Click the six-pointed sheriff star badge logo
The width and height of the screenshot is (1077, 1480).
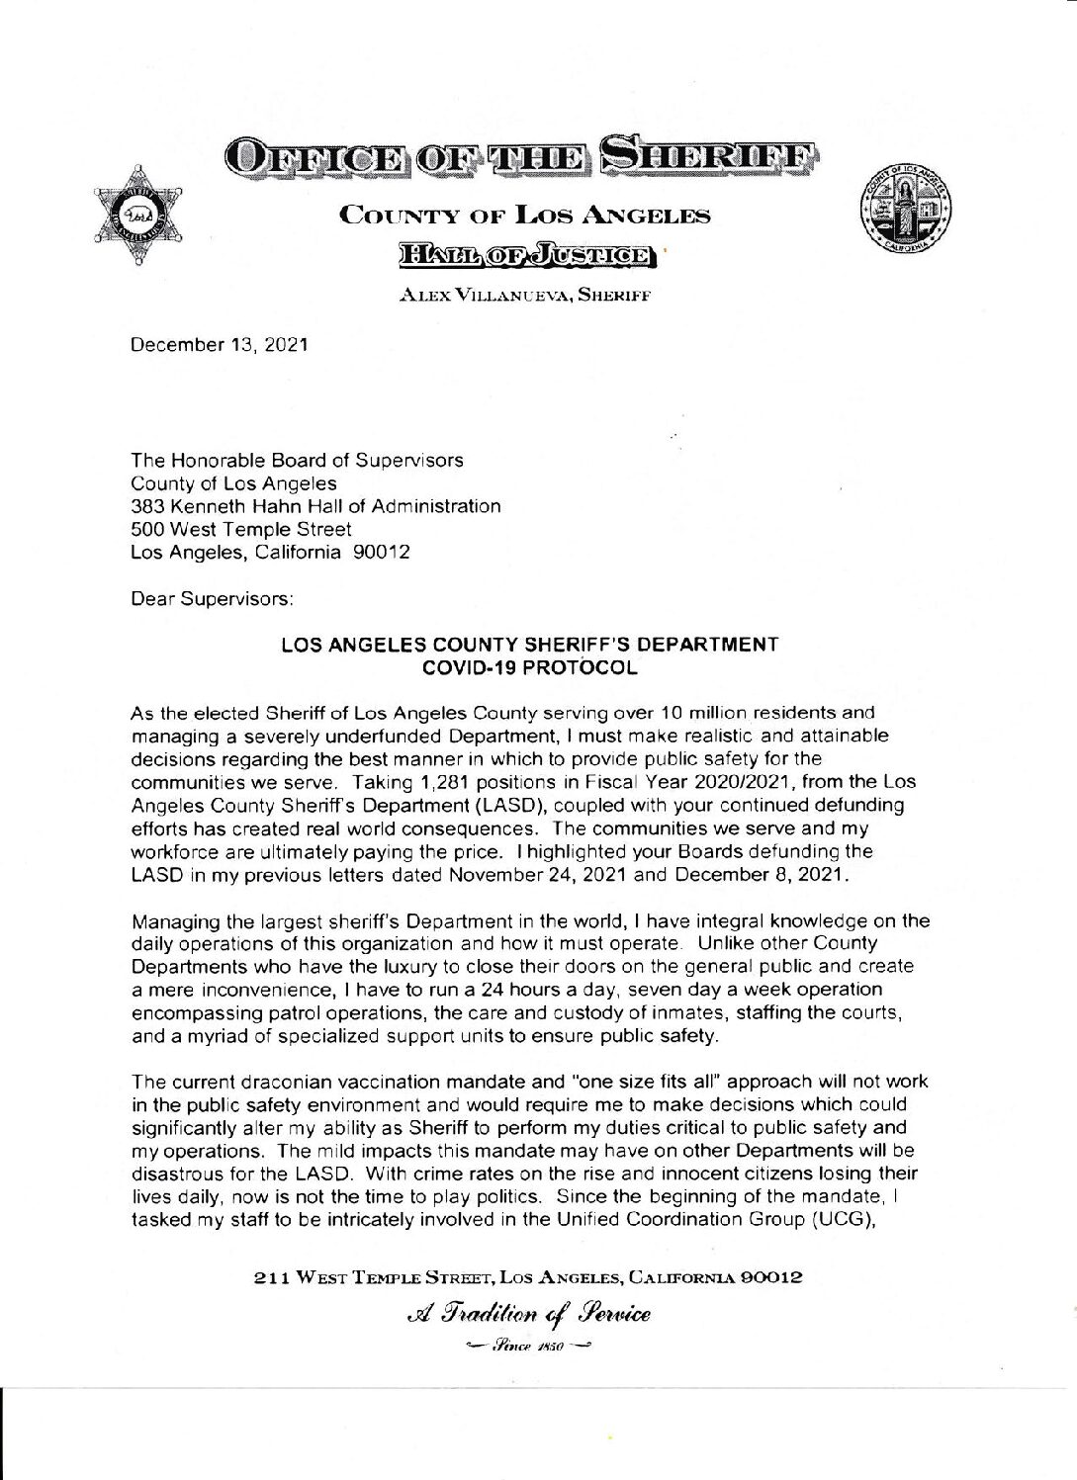coord(137,215)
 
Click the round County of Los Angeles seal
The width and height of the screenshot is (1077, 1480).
coord(907,213)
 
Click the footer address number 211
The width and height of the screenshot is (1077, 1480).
coord(268,1276)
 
